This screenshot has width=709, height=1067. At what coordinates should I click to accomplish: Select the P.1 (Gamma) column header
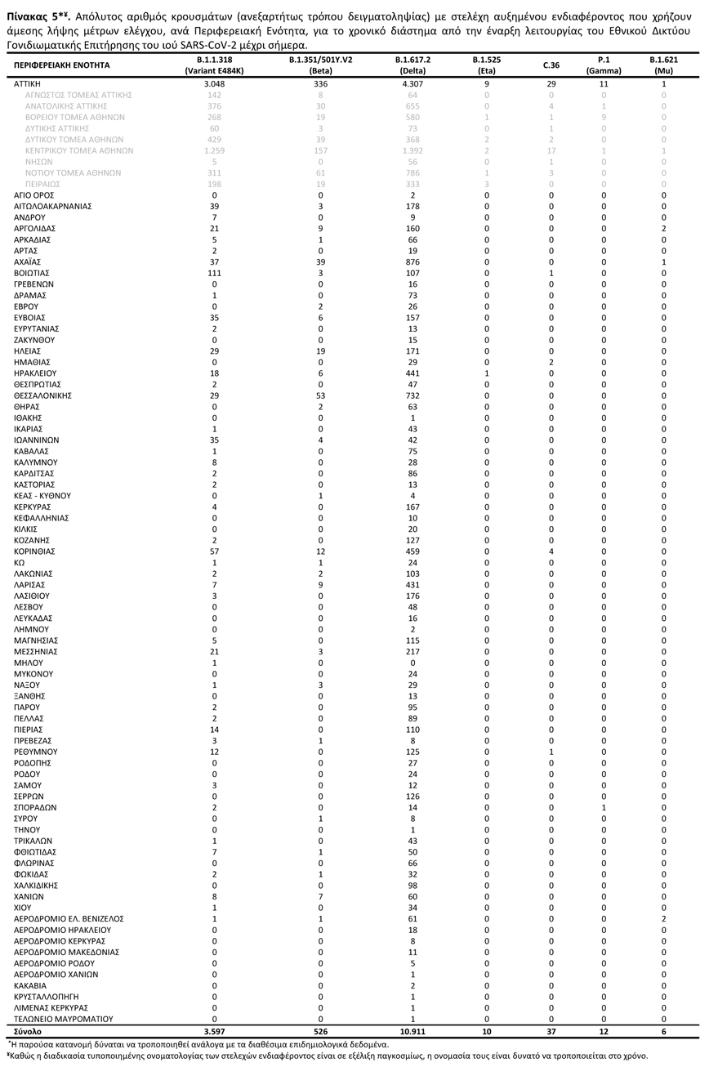click(604, 65)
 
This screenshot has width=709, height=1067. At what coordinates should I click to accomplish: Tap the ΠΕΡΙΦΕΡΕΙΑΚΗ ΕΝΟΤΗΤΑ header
click(62, 65)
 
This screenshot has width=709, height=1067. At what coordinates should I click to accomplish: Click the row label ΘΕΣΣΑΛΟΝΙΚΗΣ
click(43, 395)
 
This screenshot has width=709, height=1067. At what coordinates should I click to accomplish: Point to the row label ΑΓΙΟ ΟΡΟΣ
click(35, 195)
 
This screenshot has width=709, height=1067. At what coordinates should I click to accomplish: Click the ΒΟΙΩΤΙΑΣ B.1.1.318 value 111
click(215, 273)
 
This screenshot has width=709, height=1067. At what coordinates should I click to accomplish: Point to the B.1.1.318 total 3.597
click(215, 1031)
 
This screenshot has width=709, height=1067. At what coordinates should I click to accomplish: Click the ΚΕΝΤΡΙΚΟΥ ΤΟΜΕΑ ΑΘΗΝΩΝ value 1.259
click(215, 151)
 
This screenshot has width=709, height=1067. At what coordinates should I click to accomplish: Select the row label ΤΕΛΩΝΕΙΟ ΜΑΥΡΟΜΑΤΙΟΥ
click(64, 1019)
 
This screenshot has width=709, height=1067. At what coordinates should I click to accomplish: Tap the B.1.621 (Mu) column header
click(663, 65)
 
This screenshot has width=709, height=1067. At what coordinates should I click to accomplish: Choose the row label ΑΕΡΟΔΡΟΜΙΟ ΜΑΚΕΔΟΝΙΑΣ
click(67, 952)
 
